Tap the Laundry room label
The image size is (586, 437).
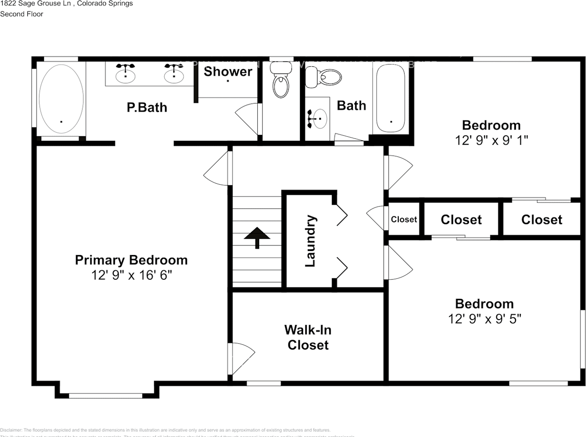pos(310,241)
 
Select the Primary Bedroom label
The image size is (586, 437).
pos(131,260)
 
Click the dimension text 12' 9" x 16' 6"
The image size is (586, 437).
pos(131,275)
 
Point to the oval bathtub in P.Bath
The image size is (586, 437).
pos(61,99)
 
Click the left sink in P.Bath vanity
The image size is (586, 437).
pos(125,74)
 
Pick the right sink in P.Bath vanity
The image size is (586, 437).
pos(174,74)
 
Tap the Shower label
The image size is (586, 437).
pos(228,71)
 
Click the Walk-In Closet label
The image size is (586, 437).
pos(308,337)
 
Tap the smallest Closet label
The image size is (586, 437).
pos(404,219)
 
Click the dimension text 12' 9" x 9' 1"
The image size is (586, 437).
pos(491,140)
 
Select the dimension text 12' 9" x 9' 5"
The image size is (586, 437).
pos(484,319)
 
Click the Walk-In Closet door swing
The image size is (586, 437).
pos(242,358)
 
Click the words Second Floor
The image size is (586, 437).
pos(22,14)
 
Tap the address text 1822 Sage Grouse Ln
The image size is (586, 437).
pos(35,4)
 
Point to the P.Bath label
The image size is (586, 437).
pos(146,107)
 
